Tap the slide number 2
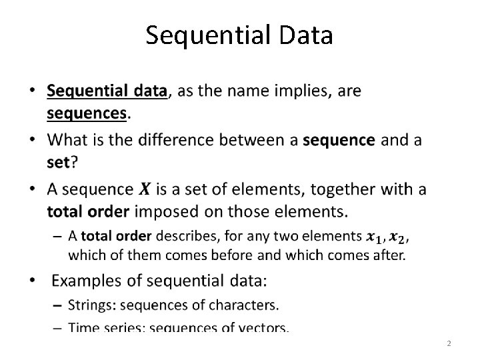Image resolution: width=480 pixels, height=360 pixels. pos(449,344)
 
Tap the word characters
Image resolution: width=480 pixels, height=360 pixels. pos(247,306)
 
